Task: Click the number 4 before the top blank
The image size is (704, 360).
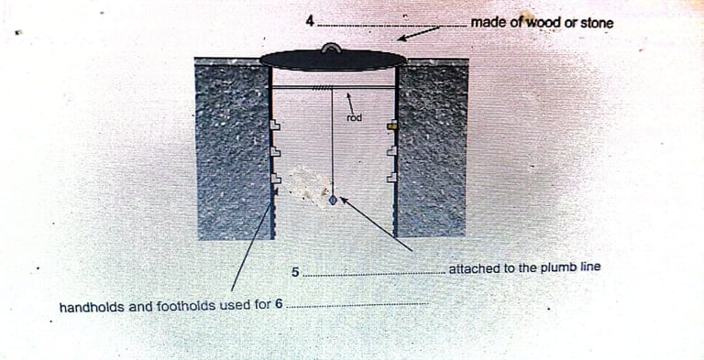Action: [x=310, y=21]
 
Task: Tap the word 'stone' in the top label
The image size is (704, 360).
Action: [x=597, y=23]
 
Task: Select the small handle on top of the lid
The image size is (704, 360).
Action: [x=331, y=48]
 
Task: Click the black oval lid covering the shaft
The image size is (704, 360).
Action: [x=333, y=60]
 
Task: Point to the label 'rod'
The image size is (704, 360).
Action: [x=354, y=118]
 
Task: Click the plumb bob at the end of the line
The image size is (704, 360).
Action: [x=333, y=200]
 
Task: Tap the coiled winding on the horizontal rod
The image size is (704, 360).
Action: [x=323, y=87]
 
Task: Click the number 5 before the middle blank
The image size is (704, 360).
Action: [x=295, y=272]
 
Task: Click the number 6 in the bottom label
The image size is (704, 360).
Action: [x=279, y=304]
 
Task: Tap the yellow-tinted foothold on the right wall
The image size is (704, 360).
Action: [x=392, y=125]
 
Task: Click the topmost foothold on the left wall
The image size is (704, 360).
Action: [x=275, y=125]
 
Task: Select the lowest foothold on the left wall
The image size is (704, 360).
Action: [x=275, y=179]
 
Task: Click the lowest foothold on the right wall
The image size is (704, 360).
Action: [x=392, y=178]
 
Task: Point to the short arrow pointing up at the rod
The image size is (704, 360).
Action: [x=350, y=103]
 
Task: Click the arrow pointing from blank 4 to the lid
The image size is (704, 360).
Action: [x=419, y=34]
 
